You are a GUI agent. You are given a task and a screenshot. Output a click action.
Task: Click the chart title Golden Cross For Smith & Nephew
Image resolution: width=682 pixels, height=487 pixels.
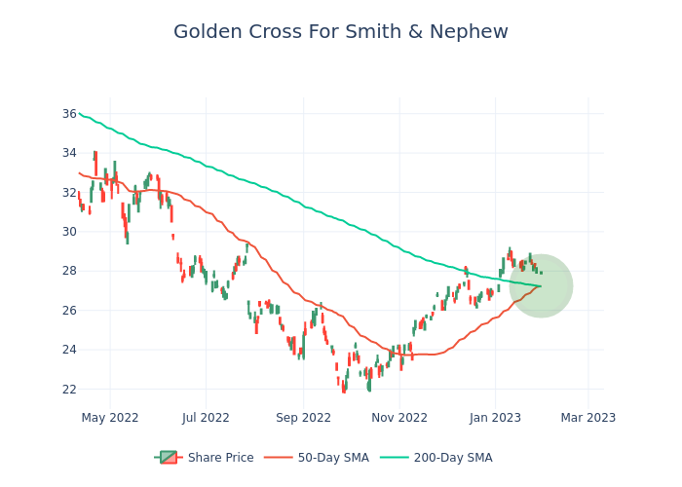[341, 32]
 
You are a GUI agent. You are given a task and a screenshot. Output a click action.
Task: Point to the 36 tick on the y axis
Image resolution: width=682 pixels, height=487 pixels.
[69, 114]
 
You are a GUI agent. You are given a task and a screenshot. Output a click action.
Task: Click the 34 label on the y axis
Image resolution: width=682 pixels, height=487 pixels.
[69, 153]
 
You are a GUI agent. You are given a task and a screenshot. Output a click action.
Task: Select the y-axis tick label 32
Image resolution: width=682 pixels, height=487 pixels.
[69, 192]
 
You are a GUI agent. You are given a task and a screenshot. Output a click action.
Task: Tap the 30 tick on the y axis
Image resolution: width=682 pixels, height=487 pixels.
[69, 232]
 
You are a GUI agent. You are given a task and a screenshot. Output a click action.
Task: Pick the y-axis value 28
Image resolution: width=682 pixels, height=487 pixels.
[69, 271]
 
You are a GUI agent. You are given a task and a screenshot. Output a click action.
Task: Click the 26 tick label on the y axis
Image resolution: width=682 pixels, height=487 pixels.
[69, 311]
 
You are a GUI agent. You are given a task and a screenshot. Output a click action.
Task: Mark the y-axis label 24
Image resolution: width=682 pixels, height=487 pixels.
[69, 350]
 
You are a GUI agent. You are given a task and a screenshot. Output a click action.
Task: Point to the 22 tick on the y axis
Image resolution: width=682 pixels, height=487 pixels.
[69, 390]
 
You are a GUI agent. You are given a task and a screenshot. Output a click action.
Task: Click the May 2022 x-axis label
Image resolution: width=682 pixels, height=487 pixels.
[110, 418]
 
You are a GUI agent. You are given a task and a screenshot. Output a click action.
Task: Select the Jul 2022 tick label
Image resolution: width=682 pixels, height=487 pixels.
[207, 418]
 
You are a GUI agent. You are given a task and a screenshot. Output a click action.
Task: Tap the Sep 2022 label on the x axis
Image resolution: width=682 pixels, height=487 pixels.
[304, 418]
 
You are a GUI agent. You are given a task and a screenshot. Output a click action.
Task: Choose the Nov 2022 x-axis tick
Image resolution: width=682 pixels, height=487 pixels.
[399, 418]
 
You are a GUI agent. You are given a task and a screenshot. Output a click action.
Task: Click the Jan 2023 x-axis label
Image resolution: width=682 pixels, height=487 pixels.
[495, 418]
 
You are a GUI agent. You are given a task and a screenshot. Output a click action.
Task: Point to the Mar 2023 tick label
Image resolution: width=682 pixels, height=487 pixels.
[587, 418]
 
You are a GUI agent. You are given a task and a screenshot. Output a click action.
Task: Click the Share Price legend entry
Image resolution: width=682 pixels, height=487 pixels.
[220, 458]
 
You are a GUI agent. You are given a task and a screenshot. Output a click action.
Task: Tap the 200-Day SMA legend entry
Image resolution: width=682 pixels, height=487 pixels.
[453, 458]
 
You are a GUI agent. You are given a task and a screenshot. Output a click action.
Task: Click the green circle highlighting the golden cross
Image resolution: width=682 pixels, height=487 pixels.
[541, 285]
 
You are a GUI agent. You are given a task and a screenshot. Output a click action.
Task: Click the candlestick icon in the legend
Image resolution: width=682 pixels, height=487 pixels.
[169, 458]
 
